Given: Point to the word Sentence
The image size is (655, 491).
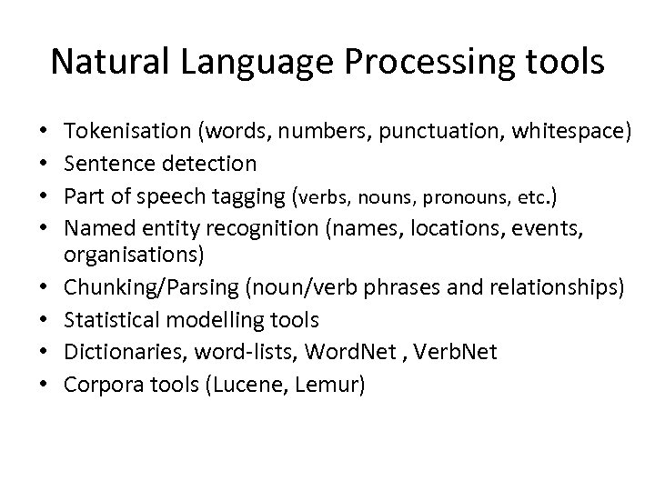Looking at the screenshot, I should pos(114,164).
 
